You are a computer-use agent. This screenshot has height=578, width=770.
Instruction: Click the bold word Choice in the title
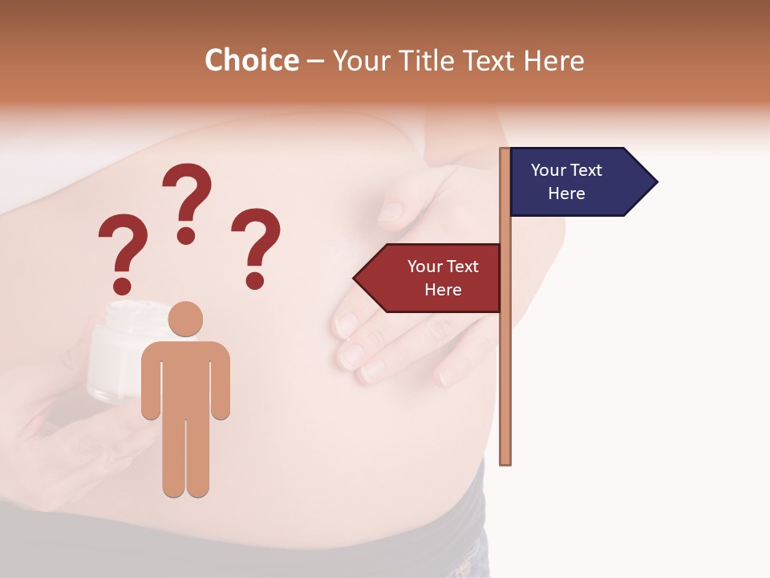tap(251, 60)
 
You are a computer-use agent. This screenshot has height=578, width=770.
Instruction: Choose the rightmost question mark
tap(256, 245)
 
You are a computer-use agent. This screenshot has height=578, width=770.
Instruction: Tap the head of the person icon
tap(185, 319)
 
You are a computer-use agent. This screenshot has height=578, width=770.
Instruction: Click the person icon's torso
tap(185, 377)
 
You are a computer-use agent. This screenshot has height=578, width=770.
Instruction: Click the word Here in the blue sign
tap(566, 193)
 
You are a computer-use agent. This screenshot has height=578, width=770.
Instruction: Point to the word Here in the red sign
tap(443, 290)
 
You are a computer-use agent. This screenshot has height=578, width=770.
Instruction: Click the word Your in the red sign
tap(424, 267)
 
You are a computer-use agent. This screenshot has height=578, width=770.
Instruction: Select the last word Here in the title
tap(554, 60)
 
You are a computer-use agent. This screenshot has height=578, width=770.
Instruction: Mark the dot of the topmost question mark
tap(186, 235)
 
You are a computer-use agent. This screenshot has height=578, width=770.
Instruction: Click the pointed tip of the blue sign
tap(655, 182)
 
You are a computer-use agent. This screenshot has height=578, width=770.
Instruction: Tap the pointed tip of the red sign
tap(356, 278)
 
